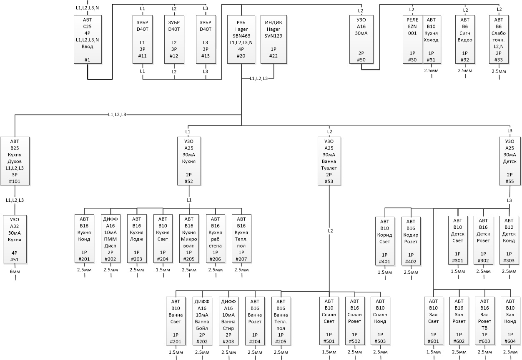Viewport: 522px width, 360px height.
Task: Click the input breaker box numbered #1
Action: [x=88, y=39]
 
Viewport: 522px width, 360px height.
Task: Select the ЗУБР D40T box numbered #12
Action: [x=174, y=39]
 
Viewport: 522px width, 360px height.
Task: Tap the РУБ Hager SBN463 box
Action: [x=241, y=39]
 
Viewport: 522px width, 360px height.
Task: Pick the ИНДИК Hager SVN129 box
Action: [x=274, y=39]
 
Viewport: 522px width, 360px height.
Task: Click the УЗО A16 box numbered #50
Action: [x=361, y=39]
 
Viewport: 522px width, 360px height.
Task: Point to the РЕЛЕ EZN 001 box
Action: [x=412, y=39]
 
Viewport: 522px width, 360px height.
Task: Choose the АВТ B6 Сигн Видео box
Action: [x=465, y=39]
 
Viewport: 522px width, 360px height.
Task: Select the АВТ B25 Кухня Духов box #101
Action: [x=15, y=161]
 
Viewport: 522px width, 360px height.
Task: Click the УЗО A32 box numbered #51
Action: [x=15, y=239]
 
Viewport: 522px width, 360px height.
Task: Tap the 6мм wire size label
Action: [x=15, y=272]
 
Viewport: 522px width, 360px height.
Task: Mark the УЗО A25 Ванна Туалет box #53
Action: [x=329, y=161]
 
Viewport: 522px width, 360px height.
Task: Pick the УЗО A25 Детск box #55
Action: [x=509, y=161]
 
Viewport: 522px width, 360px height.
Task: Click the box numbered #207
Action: [x=241, y=238]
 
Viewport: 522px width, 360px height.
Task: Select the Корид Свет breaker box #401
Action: [x=385, y=241]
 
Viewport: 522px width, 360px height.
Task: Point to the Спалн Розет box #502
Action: [x=355, y=321]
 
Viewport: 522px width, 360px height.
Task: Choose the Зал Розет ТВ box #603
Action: [x=485, y=321]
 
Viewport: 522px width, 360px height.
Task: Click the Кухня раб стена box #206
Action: [x=215, y=238]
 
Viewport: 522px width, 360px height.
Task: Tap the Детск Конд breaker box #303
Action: [x=509, y=240]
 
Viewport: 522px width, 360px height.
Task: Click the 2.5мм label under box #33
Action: [x=499, y=71]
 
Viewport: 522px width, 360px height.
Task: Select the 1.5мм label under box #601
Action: [x=434, y=352]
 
